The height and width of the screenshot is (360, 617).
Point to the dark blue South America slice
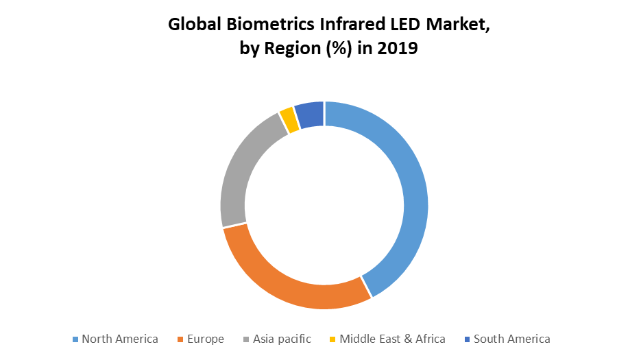(x=310, y=114)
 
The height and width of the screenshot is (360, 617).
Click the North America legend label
(x=120, y=339)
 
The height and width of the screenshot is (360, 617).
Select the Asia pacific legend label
(x=282, y=339)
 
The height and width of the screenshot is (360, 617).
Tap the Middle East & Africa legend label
(x=392, y=339)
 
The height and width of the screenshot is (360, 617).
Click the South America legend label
(x=511, y=339)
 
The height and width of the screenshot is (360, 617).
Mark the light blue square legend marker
(x=75, y=339)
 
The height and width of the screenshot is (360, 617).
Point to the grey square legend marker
(x=247, y=339)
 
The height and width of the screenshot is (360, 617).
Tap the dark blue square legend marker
(x=468, y=339)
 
